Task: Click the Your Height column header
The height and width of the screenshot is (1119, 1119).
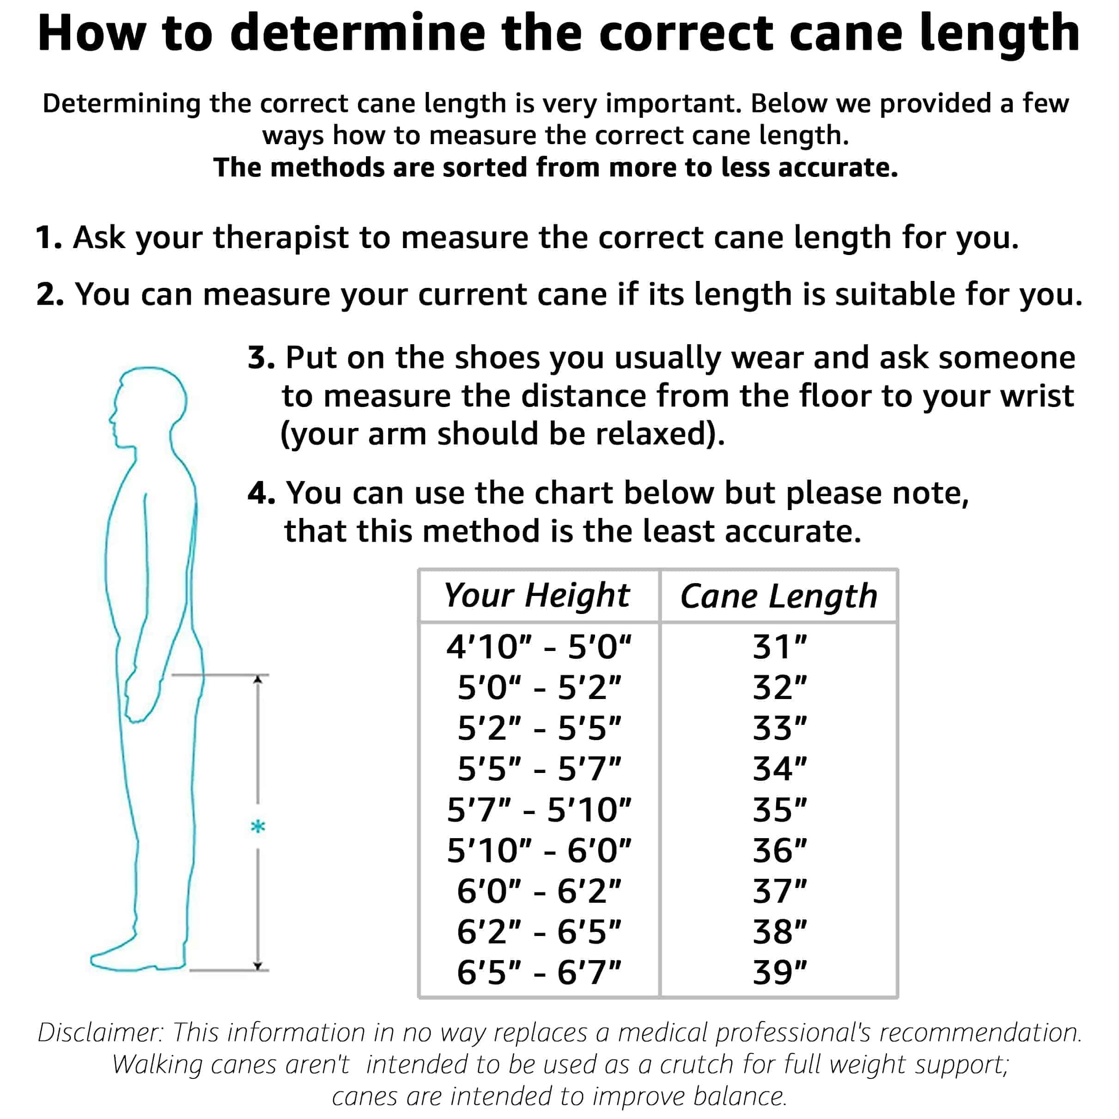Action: pyautogui.click(x=537, y=596)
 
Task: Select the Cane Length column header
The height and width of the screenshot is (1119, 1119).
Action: pyautogui.click(x=778, y=596)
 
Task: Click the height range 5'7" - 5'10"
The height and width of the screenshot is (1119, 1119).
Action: pyautogui.click(x=539, y=810)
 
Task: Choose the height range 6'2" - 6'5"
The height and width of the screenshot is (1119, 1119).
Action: pyautogui.click(x=539, y=931)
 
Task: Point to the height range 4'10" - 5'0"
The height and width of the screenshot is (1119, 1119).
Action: pyautogui.click(x=539, y=647)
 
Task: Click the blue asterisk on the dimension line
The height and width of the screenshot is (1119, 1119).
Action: pyautogui.click(x=258, y=827)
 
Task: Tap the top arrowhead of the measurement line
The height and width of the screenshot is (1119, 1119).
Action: pyautogui.click(x=258, y=679)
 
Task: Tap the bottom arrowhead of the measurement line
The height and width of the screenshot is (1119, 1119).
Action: pyautogui.click(x=258, y=966)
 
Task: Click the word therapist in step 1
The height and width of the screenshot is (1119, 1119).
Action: pyautogui.click(x=281, y=237)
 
